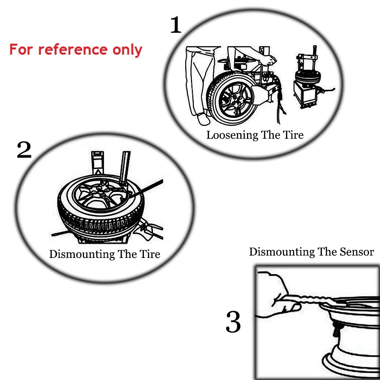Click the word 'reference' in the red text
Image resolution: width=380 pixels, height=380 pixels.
click(73, 50)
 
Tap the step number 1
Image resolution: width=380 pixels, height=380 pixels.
click(176, 25)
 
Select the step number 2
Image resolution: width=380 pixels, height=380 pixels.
click(24, 150)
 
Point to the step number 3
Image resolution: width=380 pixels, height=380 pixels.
click(233, 322)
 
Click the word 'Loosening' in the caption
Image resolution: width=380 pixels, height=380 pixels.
click(232, 135)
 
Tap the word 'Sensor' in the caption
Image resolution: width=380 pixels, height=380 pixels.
click(357, 252)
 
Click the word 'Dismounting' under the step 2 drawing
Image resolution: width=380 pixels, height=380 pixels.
click(82, 254)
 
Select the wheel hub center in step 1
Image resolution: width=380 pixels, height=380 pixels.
click(235, 99)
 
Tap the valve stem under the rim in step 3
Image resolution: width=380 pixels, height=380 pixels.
click(337, 329)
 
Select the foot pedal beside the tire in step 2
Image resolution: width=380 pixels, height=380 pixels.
click(148, 229)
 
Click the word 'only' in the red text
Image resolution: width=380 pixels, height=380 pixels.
click(127, 50)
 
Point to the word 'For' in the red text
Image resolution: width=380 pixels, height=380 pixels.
click(21, 50)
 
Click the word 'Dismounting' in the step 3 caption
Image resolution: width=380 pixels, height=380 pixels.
click(282, 252)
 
